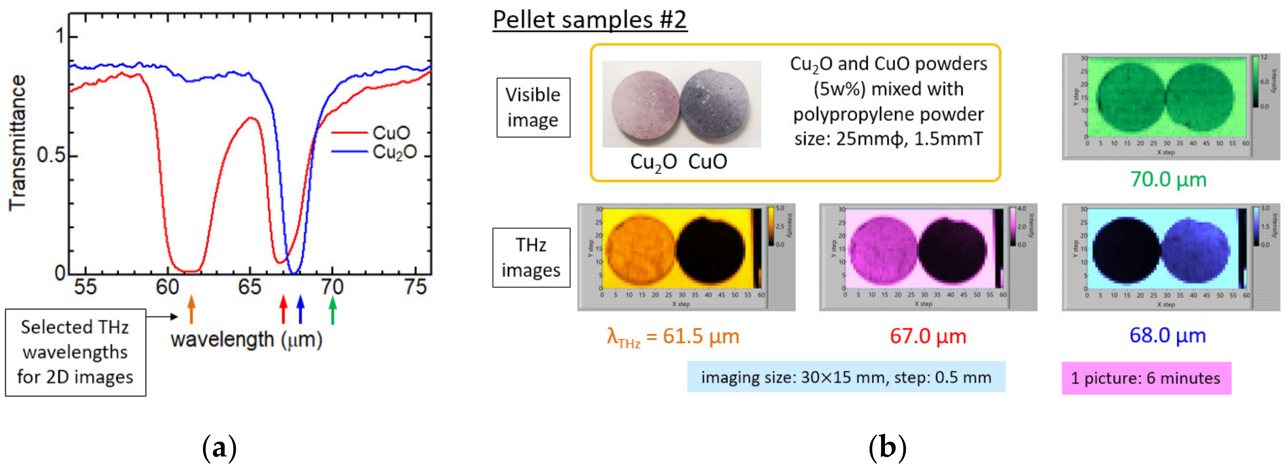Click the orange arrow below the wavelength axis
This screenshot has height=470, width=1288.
(191, 309)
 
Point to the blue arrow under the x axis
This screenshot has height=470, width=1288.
(301, 309)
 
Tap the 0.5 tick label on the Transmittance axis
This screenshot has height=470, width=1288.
(51, 156)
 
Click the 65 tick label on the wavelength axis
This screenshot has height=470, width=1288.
(249, 287)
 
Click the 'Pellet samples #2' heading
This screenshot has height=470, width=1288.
(590, 20)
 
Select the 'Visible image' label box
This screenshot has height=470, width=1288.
(533, 107)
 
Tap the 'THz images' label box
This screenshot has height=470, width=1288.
(531, 258)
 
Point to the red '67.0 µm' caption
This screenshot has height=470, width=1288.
(928, 336)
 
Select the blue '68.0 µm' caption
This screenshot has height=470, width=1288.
(1167, 335)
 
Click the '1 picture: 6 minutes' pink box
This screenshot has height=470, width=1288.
(1146, 378)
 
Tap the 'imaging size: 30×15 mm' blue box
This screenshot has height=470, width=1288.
(846, 377)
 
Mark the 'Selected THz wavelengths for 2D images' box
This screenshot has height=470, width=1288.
(75, 352)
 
